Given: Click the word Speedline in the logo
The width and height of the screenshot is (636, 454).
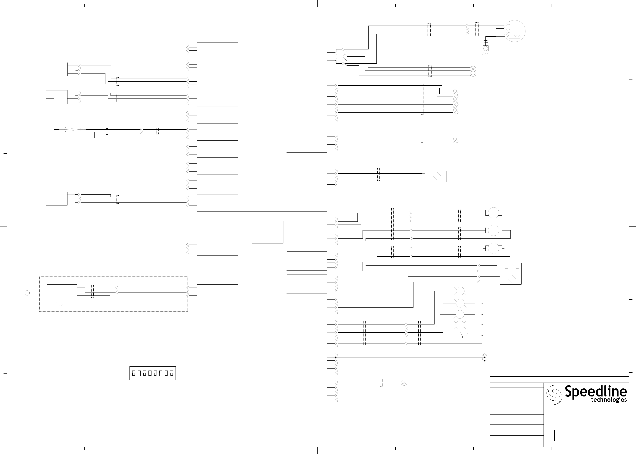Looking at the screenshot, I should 595,391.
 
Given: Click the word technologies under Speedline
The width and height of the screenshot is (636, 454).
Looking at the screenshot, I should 609,400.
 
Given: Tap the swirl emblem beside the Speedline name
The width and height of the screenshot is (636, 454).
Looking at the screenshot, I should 554,394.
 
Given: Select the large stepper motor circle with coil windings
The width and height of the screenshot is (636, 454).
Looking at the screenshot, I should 514,31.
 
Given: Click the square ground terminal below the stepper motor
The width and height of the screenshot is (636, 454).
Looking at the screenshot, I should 486,48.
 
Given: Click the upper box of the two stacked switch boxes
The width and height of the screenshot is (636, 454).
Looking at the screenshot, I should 510,268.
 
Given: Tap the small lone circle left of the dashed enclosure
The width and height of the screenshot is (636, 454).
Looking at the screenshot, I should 27,293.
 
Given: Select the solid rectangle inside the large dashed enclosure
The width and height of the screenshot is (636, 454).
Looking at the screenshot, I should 62,292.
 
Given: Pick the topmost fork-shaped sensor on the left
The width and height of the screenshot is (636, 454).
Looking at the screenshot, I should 56,69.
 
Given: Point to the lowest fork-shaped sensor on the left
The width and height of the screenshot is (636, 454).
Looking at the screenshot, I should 56,199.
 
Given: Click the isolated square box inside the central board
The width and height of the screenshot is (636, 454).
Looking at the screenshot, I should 267,232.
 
